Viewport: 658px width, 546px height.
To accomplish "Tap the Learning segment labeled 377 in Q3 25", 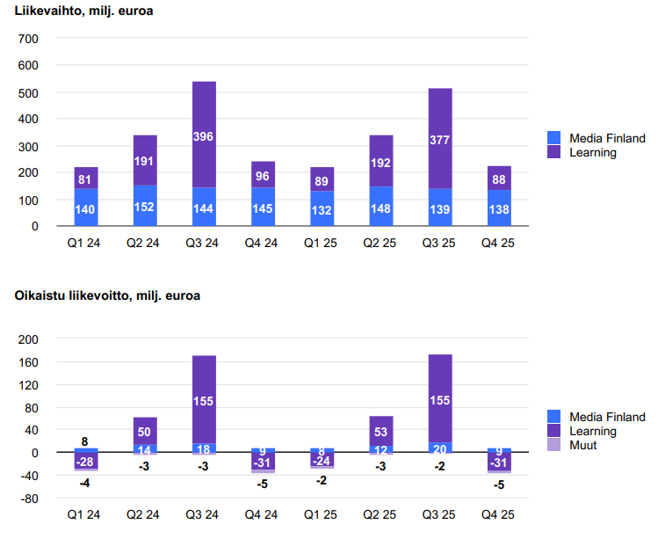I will (440, 138).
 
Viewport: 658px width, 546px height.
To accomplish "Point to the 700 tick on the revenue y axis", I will (29, 39).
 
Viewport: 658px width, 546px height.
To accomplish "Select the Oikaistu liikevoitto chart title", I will (107, 295).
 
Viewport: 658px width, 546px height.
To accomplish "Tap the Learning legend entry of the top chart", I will (592, 152).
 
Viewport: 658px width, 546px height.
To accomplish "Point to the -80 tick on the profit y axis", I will (29, 499).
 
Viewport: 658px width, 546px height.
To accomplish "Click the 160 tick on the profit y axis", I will (29, 361).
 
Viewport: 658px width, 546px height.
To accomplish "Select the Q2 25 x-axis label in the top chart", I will (381, 243).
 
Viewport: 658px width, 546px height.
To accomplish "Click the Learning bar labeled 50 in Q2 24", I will (145, 431).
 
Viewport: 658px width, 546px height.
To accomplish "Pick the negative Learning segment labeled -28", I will (86, 462).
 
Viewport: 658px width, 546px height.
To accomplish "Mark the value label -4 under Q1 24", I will (85, 483).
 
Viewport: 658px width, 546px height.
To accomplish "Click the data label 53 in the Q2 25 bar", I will (381, 432).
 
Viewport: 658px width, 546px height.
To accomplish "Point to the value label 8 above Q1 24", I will (85, 441).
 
